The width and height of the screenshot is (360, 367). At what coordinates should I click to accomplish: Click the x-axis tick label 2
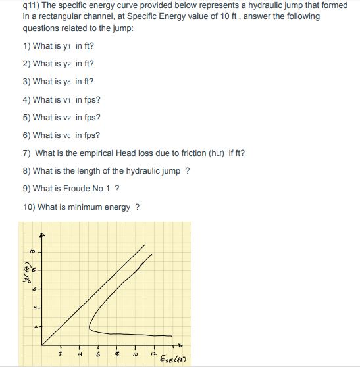60,356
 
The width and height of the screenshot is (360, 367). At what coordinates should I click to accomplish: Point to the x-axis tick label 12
154,356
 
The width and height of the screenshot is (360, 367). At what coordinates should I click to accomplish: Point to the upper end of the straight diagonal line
145,244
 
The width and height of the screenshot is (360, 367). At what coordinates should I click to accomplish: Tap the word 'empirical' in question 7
97,153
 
